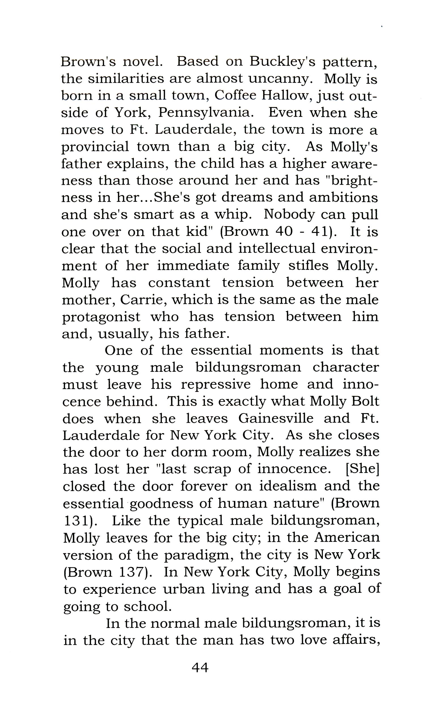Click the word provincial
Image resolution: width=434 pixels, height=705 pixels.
tap(95, 147)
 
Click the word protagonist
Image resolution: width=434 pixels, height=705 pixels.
tap(101, 317)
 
